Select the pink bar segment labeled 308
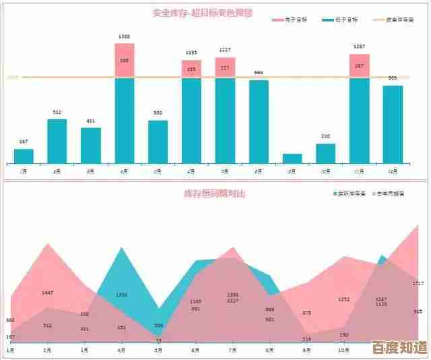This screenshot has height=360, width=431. click(125, 61)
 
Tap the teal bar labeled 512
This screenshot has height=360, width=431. click(57, 141)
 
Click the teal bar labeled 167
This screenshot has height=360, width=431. click(24, 156)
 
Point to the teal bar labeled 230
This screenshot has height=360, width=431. click(325, 153)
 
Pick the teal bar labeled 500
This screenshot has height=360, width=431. click(158, 142)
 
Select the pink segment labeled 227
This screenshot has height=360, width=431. click(225, 67)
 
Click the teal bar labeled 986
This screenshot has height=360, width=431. click(259, 121)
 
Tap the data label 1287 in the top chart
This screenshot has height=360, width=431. click(359, 47)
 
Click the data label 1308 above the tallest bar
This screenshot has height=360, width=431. click(125, 36)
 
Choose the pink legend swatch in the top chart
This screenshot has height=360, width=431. click(278, 20)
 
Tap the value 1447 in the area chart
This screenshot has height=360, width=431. click(47, 293)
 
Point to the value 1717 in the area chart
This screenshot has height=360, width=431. click(418, 283)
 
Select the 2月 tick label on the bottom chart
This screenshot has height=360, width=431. click(47, 351)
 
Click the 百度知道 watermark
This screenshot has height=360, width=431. click(399, 348)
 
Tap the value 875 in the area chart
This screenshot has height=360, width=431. click(307, 313)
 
